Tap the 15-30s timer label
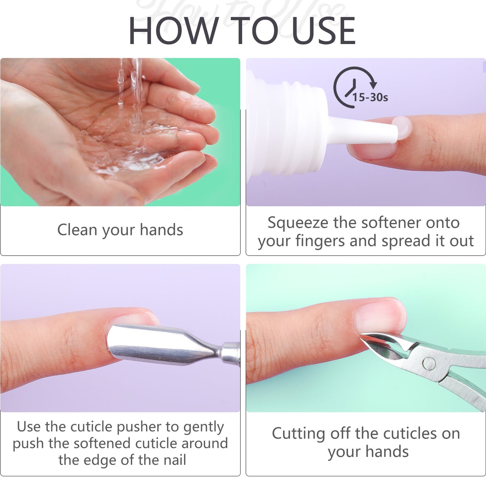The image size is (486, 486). (x=370, y=98)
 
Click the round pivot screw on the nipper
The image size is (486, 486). (x=429, y=363)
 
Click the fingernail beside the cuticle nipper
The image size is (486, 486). (x=380, y=316)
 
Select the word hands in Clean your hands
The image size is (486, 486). (x=161, y=230)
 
